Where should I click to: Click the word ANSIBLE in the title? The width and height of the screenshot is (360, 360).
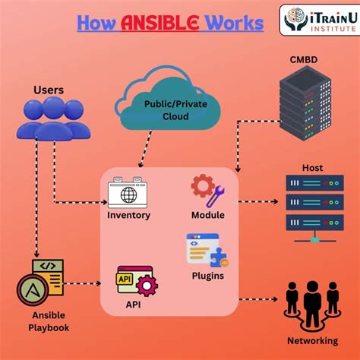157,24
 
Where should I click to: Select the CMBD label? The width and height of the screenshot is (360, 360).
303,59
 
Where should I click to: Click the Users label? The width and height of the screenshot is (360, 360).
49,90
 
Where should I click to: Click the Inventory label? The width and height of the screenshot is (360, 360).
128,215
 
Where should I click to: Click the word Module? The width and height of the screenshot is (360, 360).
207,215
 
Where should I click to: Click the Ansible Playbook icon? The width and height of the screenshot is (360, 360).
42,283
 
